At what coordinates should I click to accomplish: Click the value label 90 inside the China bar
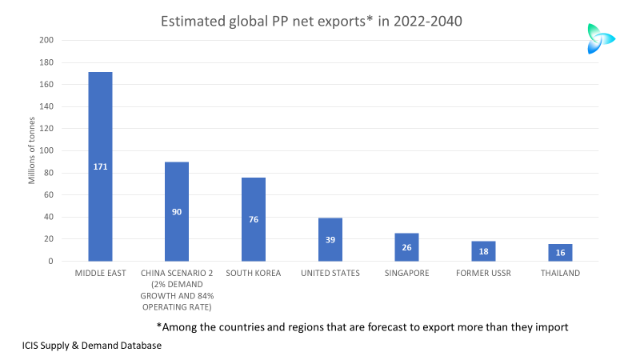click(177, 212)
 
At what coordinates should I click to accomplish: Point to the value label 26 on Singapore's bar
click(406, 247)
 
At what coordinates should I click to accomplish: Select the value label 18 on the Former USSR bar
click(483, 251)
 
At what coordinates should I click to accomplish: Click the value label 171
click(100, 166)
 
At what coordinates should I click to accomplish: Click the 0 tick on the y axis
click(51, 261)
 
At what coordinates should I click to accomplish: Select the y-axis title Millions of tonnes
click(32, 150)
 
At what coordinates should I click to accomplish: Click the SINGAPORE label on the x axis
click(406, 274)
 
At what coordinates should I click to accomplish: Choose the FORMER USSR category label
click(483, 274)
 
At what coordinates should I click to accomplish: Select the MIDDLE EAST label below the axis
click(100, 274)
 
